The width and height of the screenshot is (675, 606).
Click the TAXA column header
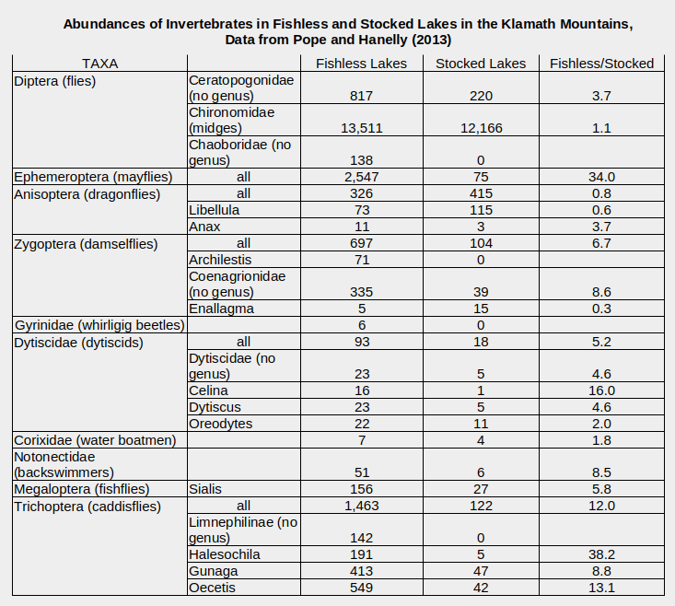click(x=99, y=64)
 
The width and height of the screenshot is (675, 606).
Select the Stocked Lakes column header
click(x=480, y=64)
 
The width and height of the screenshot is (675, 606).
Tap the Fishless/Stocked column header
click(x=601, y=64)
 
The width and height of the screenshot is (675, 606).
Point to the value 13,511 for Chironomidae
click(x=361, y=128)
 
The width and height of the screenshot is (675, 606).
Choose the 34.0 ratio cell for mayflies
click(x=601, y=177)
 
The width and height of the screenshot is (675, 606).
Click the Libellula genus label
click(x=215, y=210)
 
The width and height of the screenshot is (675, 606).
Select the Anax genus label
click(x=204, y=227)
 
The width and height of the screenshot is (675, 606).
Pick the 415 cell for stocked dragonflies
click(x=480, y=193)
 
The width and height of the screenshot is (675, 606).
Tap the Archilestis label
click(x=221, y=260)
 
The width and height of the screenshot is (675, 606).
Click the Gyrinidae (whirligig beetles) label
click(x=99, y=325)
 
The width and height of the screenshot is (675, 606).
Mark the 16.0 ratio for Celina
click(x=601, y=390)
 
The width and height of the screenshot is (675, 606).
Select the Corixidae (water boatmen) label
click(x=95, y=440)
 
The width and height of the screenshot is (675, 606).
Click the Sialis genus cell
click(x=206, y=489)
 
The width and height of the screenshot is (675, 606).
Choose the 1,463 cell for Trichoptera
click(x=361, y=506)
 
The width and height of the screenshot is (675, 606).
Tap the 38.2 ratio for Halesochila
click(x=601, y=554)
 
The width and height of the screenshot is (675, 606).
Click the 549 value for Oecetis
click(x=361, y=588)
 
